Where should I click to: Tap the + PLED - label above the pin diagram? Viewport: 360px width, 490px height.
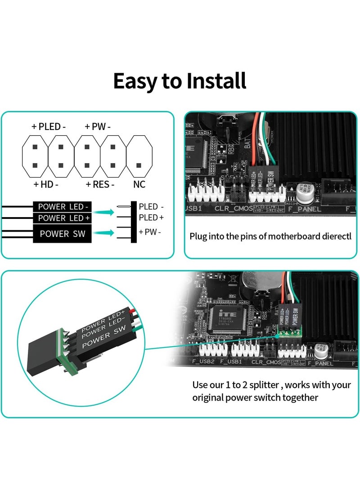point(49,127)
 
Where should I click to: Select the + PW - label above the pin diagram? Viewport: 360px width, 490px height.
point(98,127)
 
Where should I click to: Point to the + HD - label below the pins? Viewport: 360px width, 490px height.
point(46,184)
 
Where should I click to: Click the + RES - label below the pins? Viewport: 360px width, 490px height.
point(100,184)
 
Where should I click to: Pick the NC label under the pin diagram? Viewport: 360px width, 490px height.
point(139,184)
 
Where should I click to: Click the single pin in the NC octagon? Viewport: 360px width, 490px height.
point(139,165)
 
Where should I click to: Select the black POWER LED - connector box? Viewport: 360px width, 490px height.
point(63,207)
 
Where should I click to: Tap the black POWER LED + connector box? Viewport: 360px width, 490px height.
point(63,218)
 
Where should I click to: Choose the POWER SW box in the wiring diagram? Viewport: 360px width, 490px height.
point(63,234)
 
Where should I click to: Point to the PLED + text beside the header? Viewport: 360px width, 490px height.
point(151,218)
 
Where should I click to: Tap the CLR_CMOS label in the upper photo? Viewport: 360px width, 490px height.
point(229,209)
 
